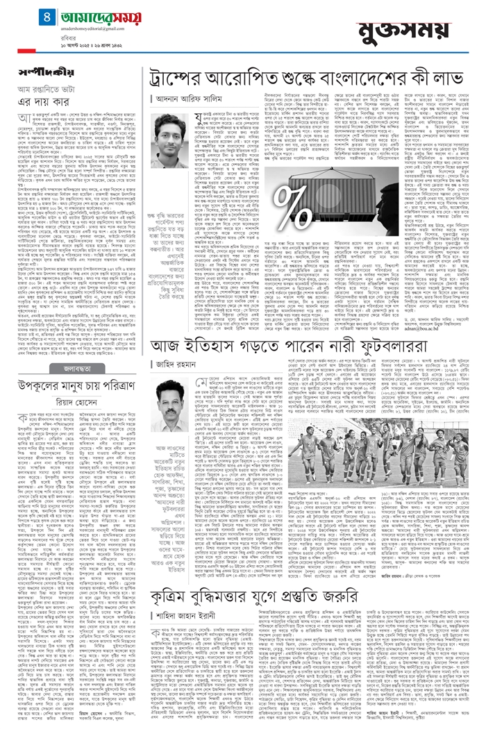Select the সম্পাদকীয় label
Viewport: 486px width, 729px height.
pyautogui.click(x=38, y=73)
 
